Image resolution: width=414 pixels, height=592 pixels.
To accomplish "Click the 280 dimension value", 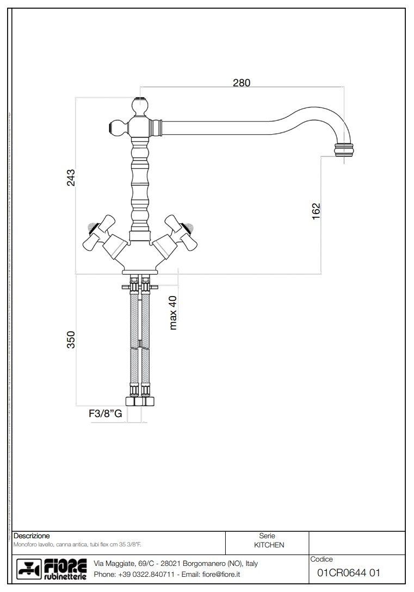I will pos(242,83).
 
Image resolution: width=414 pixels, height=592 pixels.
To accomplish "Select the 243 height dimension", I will pos(71,178).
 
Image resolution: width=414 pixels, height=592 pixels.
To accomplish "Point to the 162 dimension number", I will pos(316,211).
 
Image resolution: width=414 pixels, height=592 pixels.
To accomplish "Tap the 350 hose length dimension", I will pos(71,340).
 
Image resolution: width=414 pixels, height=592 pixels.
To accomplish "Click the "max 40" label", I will pos(174,312).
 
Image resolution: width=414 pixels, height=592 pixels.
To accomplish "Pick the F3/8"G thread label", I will pos(106,413).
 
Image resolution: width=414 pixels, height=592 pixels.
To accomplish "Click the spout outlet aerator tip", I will pos(343,149).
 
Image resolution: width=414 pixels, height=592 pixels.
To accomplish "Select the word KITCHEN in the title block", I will pos(269,545).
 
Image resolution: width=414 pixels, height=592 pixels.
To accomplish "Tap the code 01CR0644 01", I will pos(348,572).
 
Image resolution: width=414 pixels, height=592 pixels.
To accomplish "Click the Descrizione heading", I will pos(32,536).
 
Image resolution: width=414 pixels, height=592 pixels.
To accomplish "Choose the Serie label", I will pos(267,536).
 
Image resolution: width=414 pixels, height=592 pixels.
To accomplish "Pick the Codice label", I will pos(321,559).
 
